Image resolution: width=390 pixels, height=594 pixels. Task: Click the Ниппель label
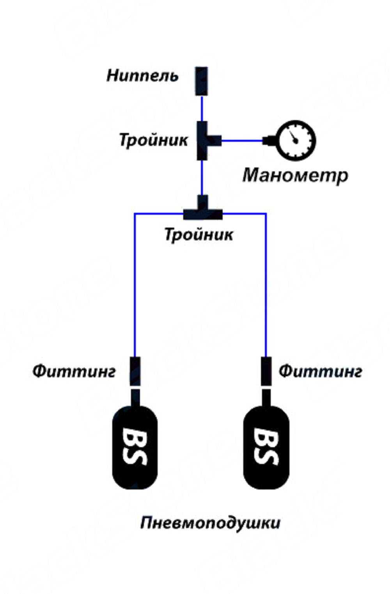click(142, 76)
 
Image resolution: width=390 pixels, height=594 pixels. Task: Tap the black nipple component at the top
click(201, 81)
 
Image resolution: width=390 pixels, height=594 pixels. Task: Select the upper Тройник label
click(153, 140)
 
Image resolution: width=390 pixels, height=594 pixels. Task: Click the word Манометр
click(295, 175)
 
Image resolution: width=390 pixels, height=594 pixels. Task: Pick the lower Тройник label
click(199, 235)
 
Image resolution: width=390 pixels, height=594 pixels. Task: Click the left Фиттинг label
click(74, 371)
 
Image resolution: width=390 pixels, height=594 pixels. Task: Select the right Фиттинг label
click(320, 371)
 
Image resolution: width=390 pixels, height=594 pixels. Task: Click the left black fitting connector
click(135, 371)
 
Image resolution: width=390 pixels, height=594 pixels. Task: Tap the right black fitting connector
click(266, 371)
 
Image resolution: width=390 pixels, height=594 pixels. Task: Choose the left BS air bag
click(135, 447)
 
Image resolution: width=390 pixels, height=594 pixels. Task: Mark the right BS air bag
click(266, 447)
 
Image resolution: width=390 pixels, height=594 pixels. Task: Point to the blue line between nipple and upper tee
click(202, 108)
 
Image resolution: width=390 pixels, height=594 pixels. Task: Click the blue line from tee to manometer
click(242, 140)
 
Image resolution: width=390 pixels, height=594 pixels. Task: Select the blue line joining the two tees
click(202, 178)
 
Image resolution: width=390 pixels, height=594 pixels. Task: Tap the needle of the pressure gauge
click(294, 137)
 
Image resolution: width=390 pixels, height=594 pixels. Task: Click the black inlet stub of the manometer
click(269, 140)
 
